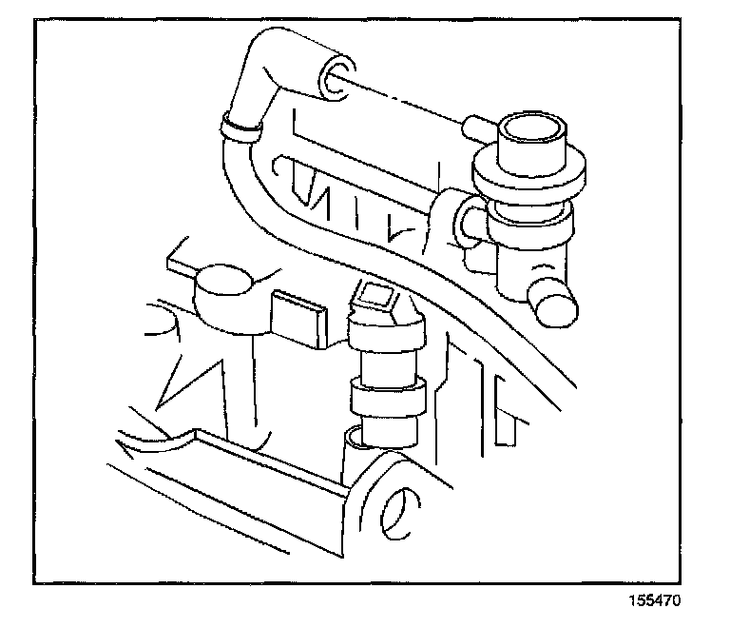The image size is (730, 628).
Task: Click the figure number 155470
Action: click(x=653, y=601)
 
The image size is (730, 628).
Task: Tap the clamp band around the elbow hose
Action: click(x=240, y=128)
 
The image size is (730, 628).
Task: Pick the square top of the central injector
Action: click(x=378, y=299)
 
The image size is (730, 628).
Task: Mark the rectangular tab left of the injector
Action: click(x=298, y=315)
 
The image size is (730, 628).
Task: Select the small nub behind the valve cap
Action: click(x=474, y=125)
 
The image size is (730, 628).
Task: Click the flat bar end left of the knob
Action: click(x=181, y=257)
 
